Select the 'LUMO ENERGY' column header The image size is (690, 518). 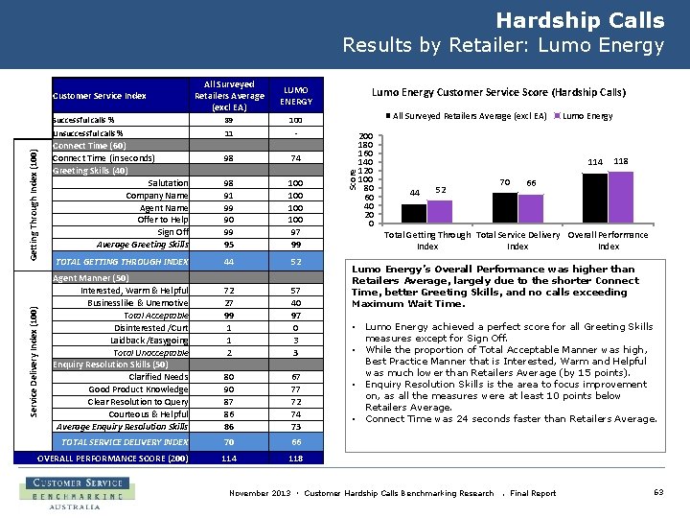(296, 96)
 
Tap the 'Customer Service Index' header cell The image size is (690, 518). (100, 96)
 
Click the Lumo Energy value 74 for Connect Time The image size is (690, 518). (296, 158)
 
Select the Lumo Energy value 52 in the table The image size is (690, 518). (296, 262)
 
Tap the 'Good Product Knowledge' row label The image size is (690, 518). (138, 389)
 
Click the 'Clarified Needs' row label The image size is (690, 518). (158, 377)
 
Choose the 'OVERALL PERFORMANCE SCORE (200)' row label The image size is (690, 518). (112, 459)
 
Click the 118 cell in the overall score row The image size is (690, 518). (296, 459)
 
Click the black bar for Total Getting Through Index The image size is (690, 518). (413, 214)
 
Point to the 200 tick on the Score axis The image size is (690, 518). (365, 137)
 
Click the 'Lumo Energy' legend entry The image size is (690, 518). (586, 115)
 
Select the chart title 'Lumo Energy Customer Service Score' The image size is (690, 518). (498, 93)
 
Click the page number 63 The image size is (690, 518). (658, 492)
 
